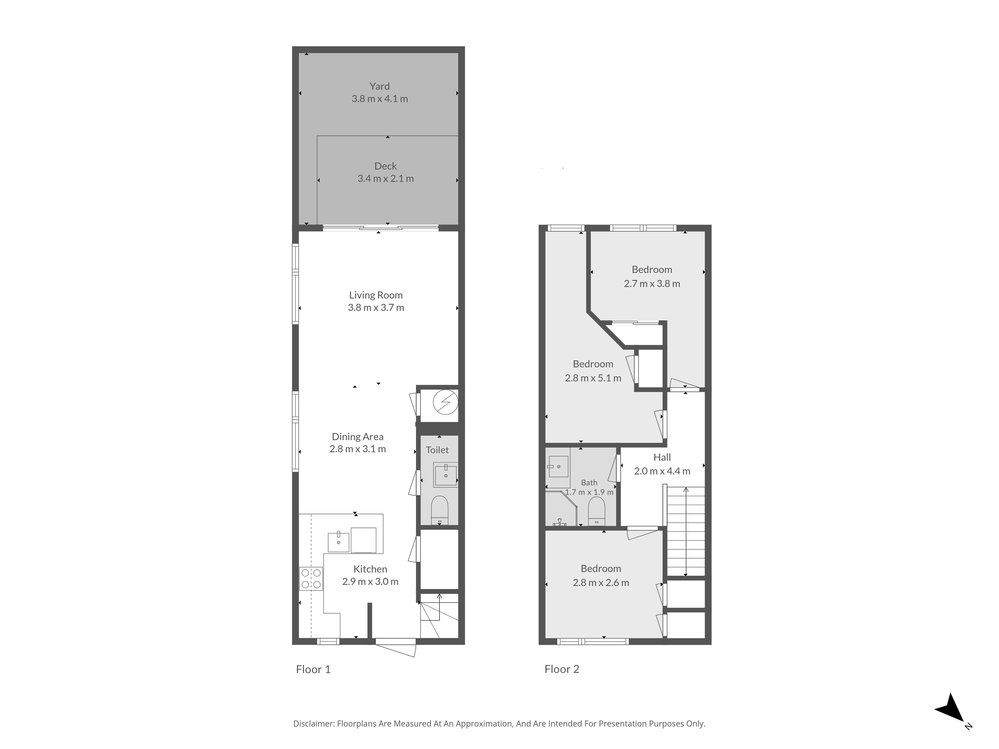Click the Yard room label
click(379, 86)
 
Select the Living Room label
click(376, 295)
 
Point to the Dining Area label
click(358, 437)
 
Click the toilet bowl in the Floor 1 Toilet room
click(439, 510)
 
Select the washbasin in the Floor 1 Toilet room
click(446, 475)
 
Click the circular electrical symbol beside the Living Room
click(445, 402)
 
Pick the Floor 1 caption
click(313, 670)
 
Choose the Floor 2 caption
click(562, 670)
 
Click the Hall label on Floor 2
click(662, 457)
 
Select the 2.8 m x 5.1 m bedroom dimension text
click(593, 378)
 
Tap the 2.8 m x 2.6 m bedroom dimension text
click(601, 583)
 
